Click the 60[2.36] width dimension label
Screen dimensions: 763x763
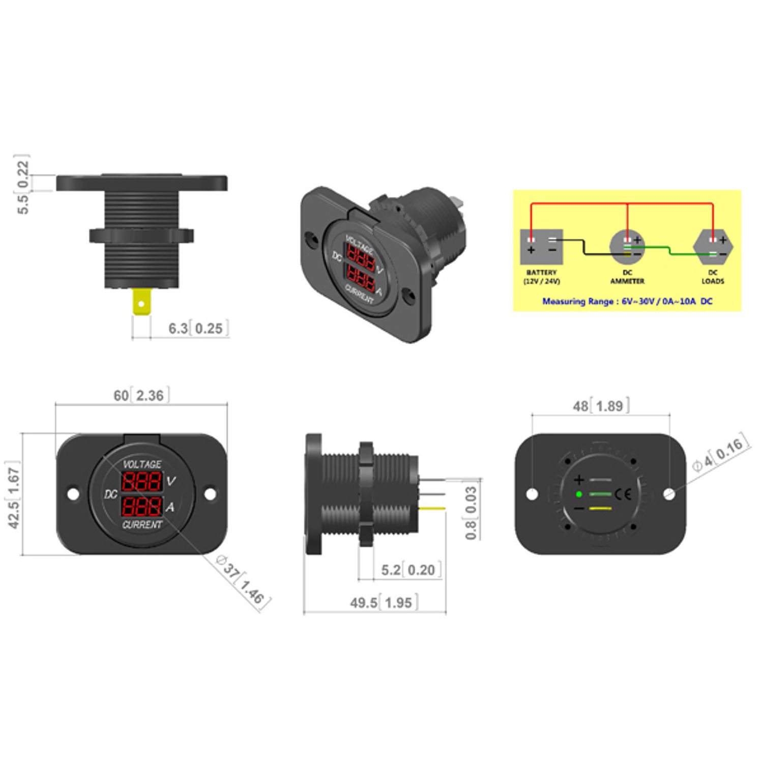[x=141, y=395]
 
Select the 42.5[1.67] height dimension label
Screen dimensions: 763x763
[x=14, y=494]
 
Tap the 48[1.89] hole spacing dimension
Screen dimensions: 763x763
[x=601, y=406]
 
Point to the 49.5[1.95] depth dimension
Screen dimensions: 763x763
[x=384, y=603]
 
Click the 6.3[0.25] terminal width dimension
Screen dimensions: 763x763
[x=198, y=328]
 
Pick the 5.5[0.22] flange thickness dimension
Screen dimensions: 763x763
[x=22, y=184]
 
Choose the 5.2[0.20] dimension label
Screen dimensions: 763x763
[x=410, y=570]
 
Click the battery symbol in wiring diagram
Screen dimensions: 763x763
[x=541, y=246]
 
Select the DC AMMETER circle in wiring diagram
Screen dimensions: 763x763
[x=627, y=246]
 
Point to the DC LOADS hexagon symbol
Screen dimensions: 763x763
[x=713, y=246]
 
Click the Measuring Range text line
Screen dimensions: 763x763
[x=627, y=301]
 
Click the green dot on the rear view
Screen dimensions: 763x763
[x=579, y=494]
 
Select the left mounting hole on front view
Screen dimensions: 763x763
[x=73, y=494]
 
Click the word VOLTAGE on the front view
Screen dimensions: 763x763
[x=142, y=464]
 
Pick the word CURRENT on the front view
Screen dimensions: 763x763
[x=142, y=524]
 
